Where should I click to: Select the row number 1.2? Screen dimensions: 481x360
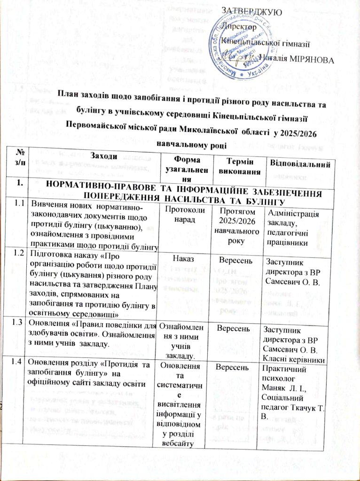[18, 254]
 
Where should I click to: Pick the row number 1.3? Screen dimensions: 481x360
[18, 323]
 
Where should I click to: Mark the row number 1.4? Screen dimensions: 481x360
[18, 361]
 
